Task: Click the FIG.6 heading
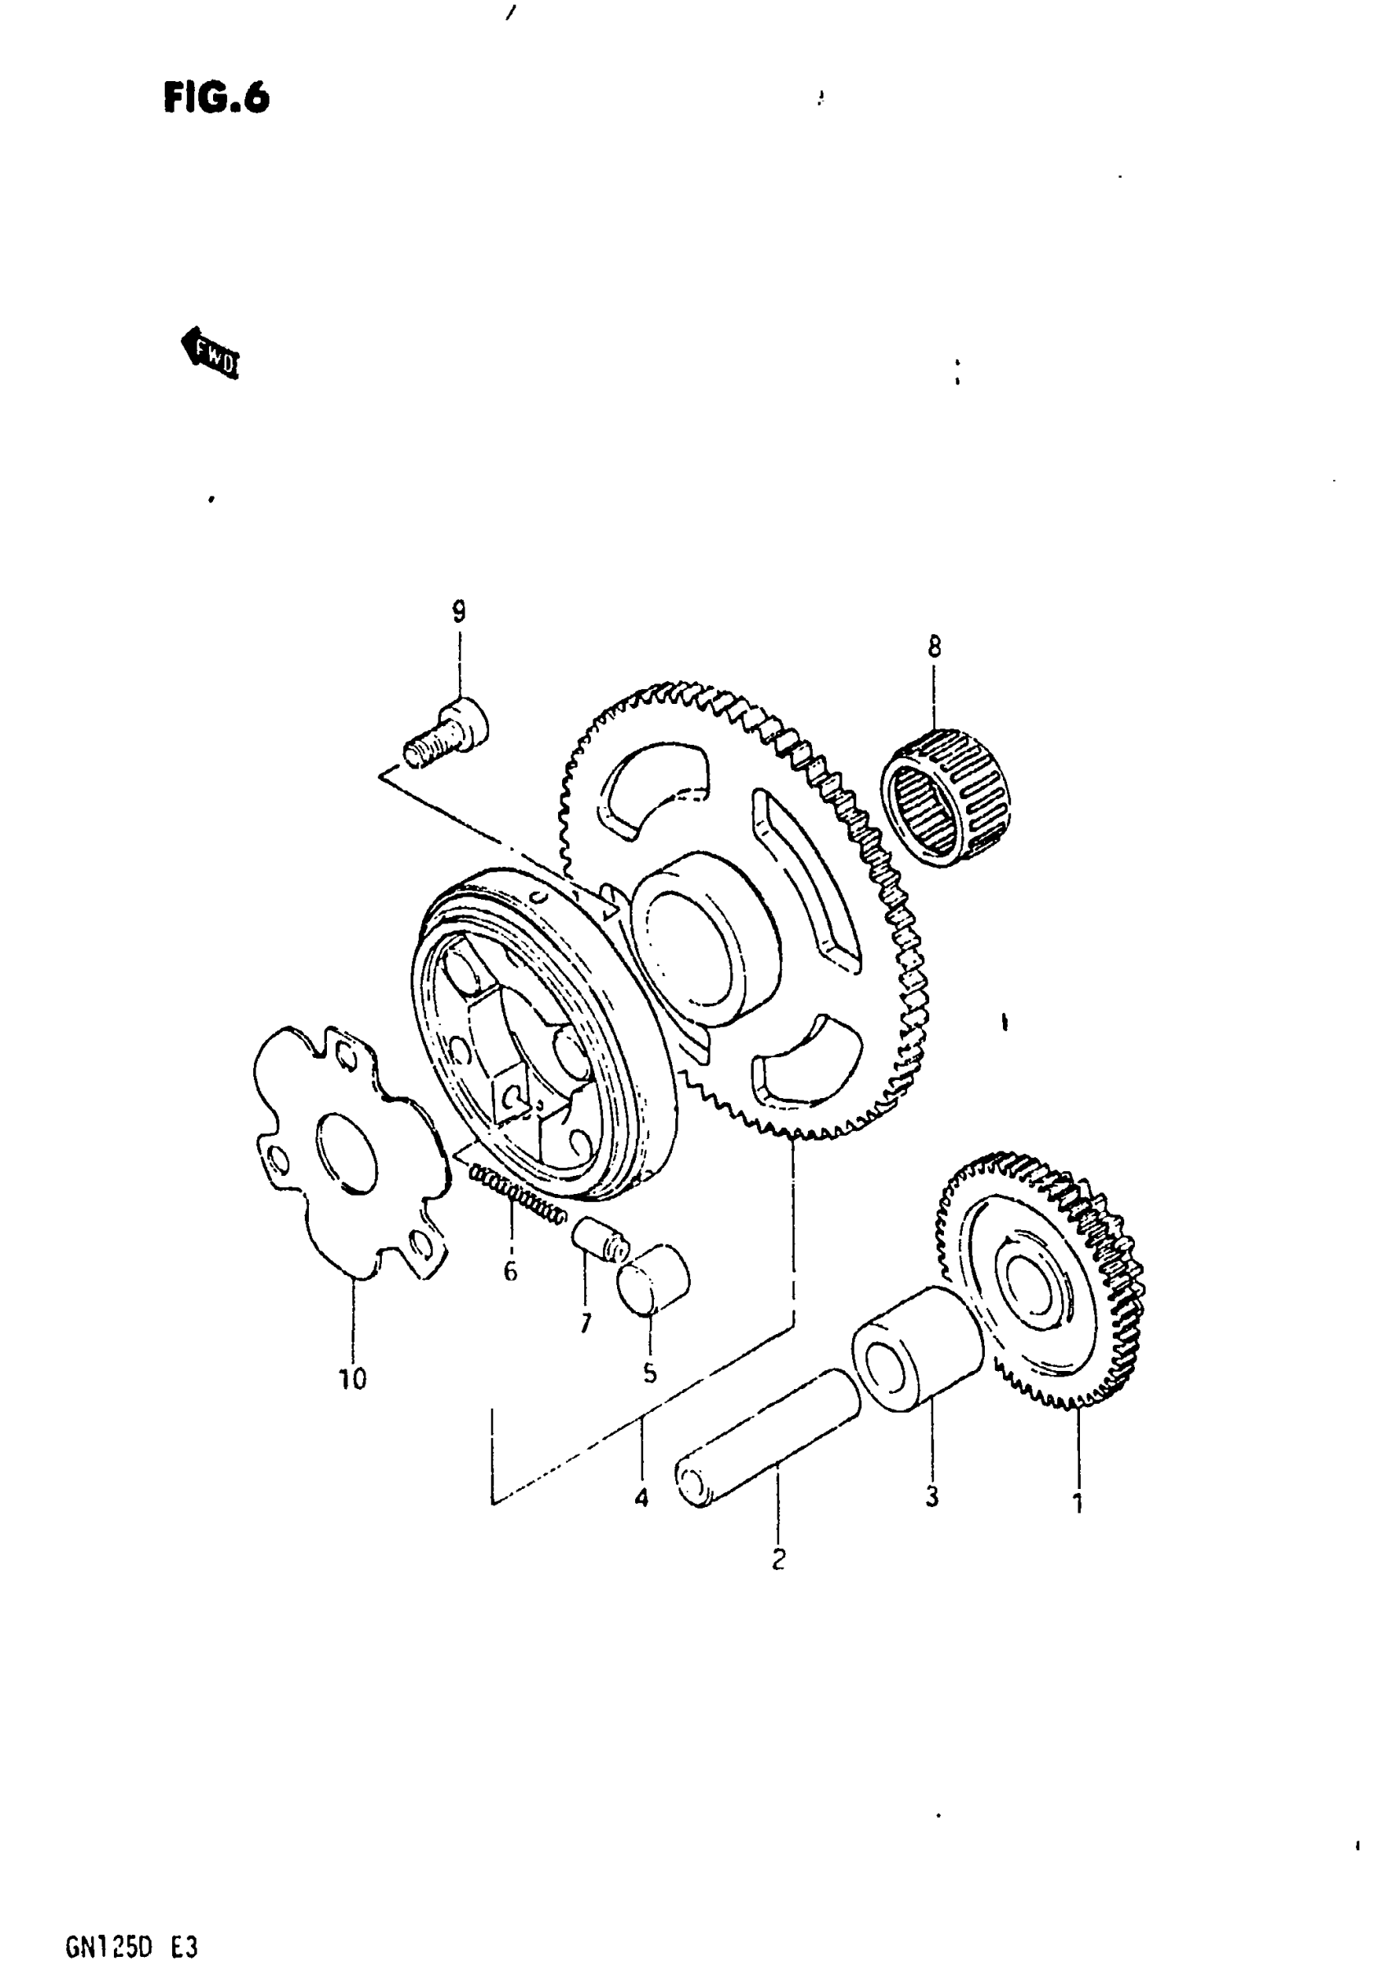coord(216,98)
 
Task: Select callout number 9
coord(459,612)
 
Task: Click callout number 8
coord(934,647)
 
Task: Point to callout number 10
coord(352,1379)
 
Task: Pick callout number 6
coord(510,1271)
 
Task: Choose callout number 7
coord(585,1323)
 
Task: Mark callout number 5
coord(649,1373)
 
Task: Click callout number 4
coord(642,1499)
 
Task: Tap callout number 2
coord(778,1559)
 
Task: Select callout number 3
coord(932,1497)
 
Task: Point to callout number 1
coord(1077,1504)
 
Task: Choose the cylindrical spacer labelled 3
coord(918,1349)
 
